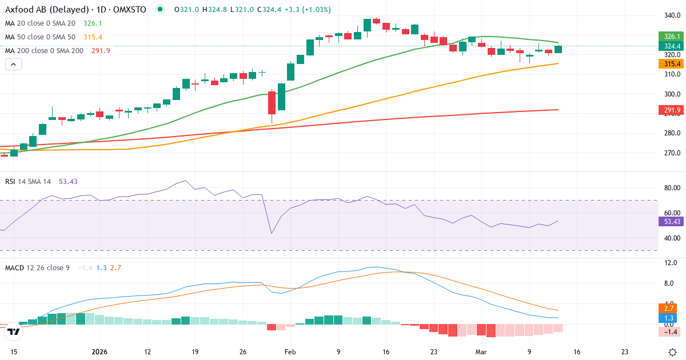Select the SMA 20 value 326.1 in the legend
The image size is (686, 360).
pos(93,23)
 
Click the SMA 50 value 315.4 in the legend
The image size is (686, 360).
pos(93,37)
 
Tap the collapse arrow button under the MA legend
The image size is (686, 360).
pos(13,65)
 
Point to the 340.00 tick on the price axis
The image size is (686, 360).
pos(668,15)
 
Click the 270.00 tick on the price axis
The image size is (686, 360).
pos(668,153)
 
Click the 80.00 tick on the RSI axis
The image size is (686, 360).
pos(668,187)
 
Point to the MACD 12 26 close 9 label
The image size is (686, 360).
pos(37,267)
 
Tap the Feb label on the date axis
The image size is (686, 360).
pos(290,352)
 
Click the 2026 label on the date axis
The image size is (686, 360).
pos(99,352)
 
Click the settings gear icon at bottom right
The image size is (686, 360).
pos(672,352)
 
